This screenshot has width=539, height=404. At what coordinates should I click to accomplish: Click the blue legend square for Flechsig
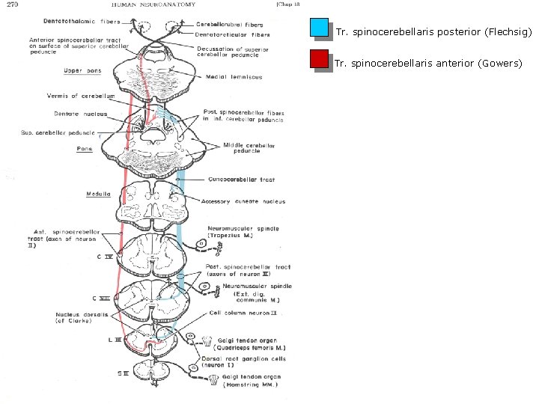click(x=319, y=29)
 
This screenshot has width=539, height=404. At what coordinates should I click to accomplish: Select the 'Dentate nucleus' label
click(x=80, y=114)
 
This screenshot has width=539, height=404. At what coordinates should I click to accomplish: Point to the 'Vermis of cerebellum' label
click(x=82, y=96)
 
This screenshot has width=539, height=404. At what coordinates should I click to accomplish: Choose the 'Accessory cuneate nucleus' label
click(x=243, y=201)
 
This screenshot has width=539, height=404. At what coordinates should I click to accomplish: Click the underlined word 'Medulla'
click(x=99, y=194)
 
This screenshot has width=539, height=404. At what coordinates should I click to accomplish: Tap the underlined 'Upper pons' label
click(x=82, y=71)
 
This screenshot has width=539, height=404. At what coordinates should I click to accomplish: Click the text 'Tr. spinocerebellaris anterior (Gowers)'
click(x=428, y=64)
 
